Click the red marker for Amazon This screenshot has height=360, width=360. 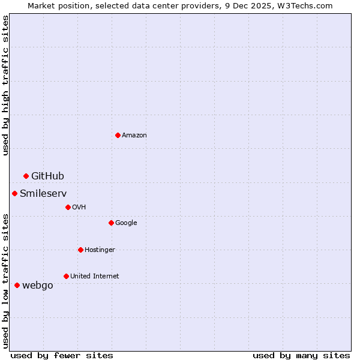point(118,135)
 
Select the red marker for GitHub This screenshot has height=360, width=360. point(26,176)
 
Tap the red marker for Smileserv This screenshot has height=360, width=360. point(14,193)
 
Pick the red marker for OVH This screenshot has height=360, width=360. point(68,207)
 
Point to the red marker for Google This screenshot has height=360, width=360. point(111,223)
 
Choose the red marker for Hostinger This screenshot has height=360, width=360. point(80,250)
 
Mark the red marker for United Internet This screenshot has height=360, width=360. point(66,276)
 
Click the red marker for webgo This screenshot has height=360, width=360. point(17,285)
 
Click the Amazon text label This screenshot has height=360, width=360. point(134,136)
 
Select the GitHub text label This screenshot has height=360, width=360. point(47,176)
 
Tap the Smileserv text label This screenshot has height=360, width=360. point(43,193)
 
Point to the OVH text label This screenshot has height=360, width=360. point(79,208)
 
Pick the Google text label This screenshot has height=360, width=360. point(126,223)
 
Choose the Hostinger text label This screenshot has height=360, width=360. point(100,250)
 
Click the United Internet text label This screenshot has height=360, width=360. point(94,277)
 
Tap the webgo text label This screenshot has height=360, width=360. point(37,286)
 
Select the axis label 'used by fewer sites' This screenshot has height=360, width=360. point(62,355)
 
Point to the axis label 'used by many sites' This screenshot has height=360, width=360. point(301,355)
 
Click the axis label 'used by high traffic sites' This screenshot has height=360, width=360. point(5,86)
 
